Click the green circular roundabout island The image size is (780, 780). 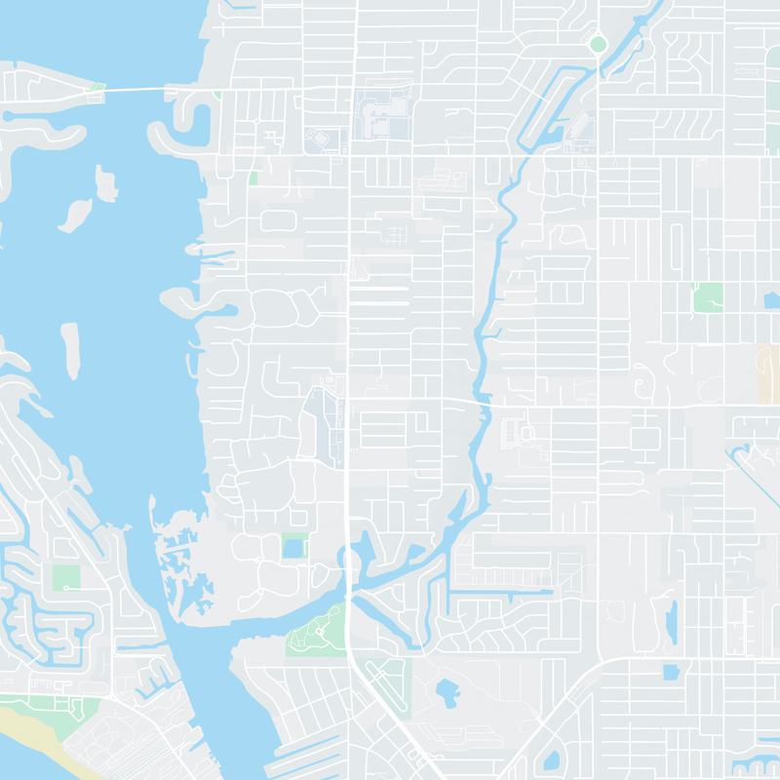(x=597, y=43)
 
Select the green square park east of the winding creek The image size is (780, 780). (x=708, y=297)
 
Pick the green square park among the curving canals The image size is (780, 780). (x=65, y=576)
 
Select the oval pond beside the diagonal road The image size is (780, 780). (x=551, y=760)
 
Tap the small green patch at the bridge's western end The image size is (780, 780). (x=97, y=89)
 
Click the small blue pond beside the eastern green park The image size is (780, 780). (x=772, y=301)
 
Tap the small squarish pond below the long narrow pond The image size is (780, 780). (x=671, y=672)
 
